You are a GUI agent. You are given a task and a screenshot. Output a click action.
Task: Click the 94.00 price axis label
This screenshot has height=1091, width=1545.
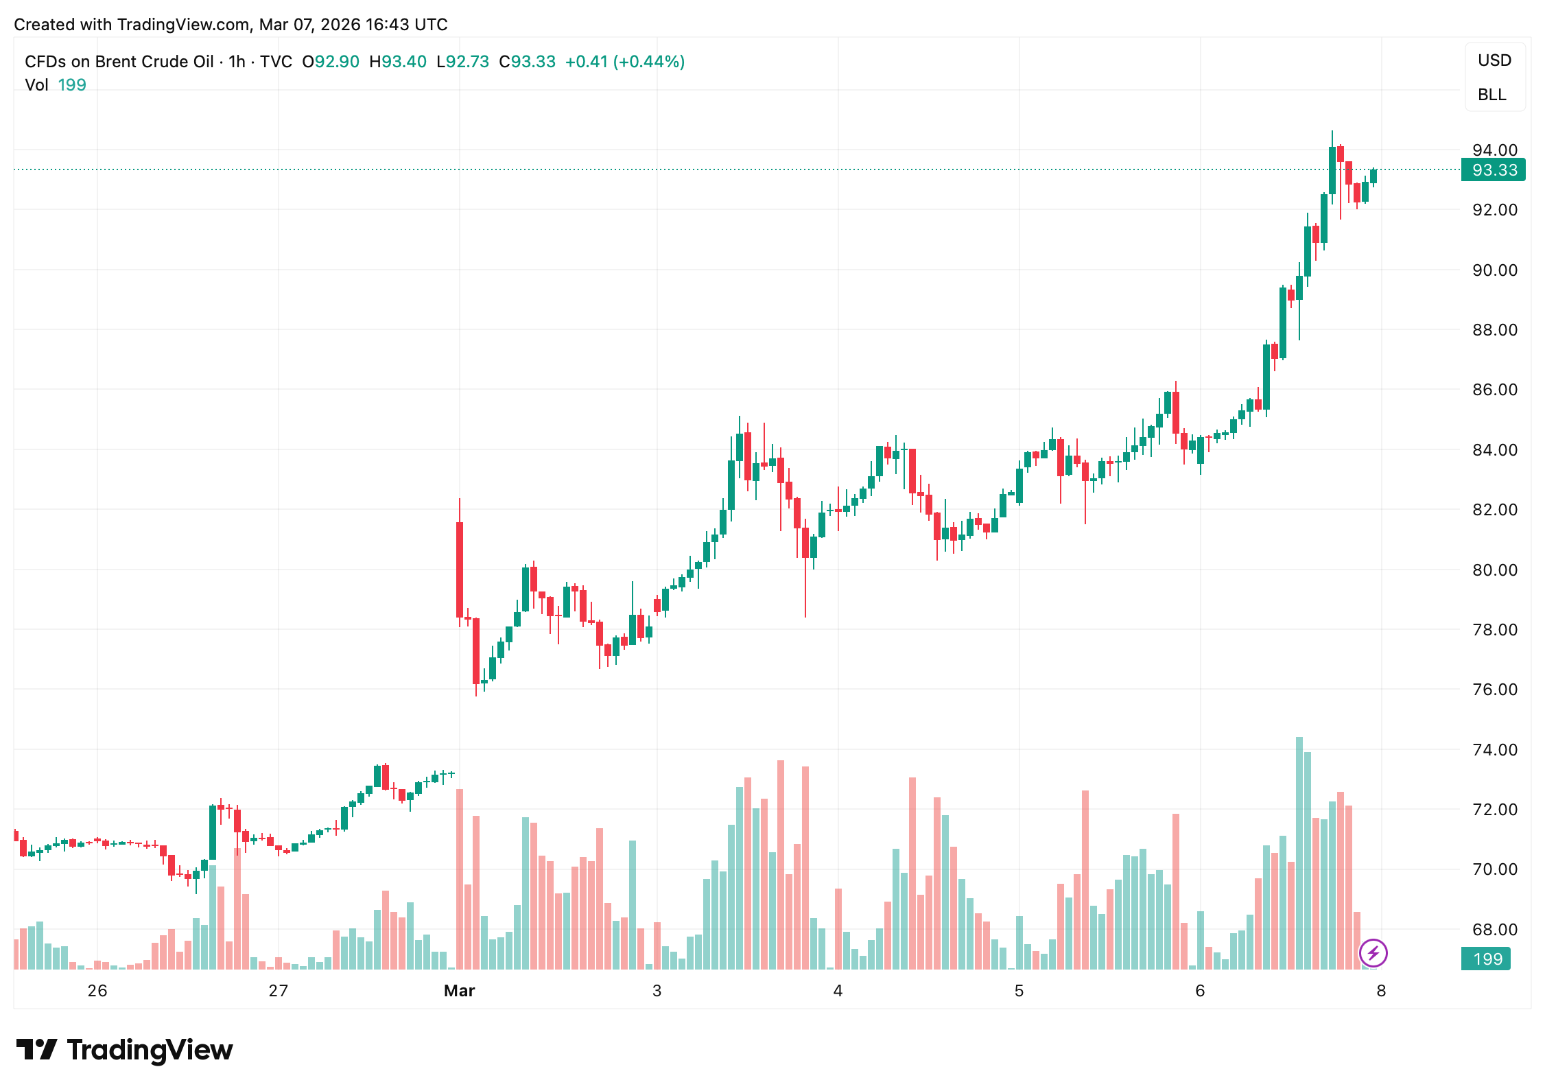[1494, 150]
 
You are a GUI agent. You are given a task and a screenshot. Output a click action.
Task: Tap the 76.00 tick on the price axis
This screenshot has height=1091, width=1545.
[1494, 690]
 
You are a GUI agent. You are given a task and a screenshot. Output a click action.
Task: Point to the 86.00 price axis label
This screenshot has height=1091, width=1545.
[1494, 390]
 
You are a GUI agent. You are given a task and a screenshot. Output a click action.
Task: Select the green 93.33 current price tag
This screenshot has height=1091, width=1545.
[1493, 169]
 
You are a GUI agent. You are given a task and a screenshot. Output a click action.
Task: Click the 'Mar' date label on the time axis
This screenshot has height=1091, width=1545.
[459, 991]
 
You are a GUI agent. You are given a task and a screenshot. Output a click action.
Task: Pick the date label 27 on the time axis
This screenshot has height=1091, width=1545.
[278, 991]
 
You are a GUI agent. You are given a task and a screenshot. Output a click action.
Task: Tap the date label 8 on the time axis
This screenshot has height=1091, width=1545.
[1381, 991]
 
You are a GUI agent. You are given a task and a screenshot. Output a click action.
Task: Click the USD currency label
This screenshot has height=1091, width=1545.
[1494, 60]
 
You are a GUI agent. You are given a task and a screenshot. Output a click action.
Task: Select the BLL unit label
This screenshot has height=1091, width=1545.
[1491, 95]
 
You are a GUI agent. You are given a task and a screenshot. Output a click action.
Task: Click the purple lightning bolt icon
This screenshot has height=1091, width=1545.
[1373, 953]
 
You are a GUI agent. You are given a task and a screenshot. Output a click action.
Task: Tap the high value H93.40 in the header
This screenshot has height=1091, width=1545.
[398, 62]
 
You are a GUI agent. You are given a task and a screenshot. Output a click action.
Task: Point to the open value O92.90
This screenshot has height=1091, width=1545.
[331, 62]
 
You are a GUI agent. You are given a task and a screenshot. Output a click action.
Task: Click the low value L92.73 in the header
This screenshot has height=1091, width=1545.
[462, 62]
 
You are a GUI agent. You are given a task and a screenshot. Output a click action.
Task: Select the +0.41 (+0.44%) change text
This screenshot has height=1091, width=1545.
[624, 62]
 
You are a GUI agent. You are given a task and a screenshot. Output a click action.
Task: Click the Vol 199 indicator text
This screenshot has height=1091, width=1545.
[55, 85]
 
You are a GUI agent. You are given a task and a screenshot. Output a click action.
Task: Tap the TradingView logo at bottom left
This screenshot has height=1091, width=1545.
[124, 1050]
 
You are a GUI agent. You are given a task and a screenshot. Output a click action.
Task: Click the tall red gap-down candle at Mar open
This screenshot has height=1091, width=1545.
[460, 570]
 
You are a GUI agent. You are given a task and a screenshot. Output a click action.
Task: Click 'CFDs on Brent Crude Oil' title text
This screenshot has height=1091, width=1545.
[119, 62]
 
